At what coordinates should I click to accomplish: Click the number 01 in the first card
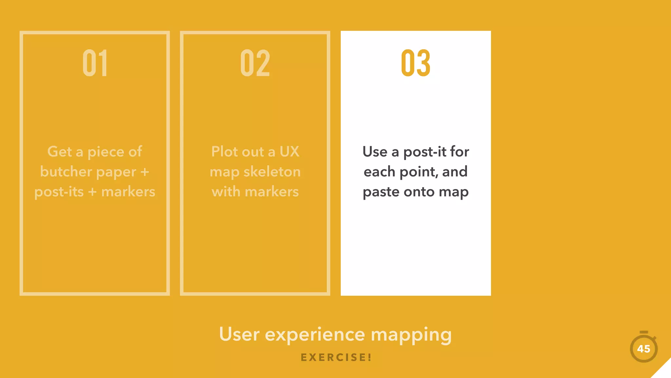click(95, 63)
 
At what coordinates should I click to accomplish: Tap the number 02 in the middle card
click(255, 63)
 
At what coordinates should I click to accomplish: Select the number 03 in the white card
click(415, 63)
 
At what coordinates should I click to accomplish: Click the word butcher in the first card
click(66, 172)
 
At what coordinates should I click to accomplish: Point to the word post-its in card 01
click(59, 192)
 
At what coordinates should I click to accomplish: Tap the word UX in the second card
click(289, 152)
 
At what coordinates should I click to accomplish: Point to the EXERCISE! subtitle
click(336, 357)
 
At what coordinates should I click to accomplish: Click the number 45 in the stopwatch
click(643, 349)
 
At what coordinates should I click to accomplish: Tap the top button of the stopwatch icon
click(644, 332)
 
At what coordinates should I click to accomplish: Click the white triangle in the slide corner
click(663, 371)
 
